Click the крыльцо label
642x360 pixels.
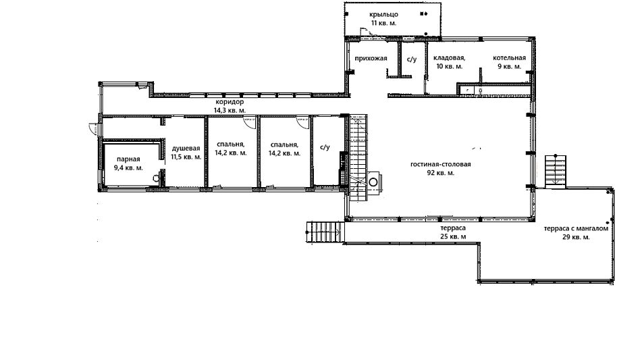coord(383,15)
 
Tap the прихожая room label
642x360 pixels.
coord(371,58)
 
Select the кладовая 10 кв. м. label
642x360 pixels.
coord(449,62)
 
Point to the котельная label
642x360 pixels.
coord(509,57)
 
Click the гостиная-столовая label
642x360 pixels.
coord(441,164)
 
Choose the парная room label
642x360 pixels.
coord(128,159)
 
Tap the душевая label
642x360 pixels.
coord(186,149)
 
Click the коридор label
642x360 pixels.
coord(230,102)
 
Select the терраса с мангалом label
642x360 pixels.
coord(576,228)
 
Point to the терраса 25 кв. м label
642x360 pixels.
coord(453,232)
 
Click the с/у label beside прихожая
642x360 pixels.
coord(412,59)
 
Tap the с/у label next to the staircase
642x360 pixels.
coord(325,147)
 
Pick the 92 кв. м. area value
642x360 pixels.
coord(441,173)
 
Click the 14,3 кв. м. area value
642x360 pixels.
coord(230,110)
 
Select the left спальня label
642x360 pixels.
coord(230,149)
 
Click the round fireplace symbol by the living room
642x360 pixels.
coord(373,182)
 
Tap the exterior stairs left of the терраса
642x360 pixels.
coord(324,232)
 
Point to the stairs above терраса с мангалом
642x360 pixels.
coord(555,171)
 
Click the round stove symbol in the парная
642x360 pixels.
coord(156,178)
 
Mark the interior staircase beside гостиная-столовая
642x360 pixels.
coord(358,159)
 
